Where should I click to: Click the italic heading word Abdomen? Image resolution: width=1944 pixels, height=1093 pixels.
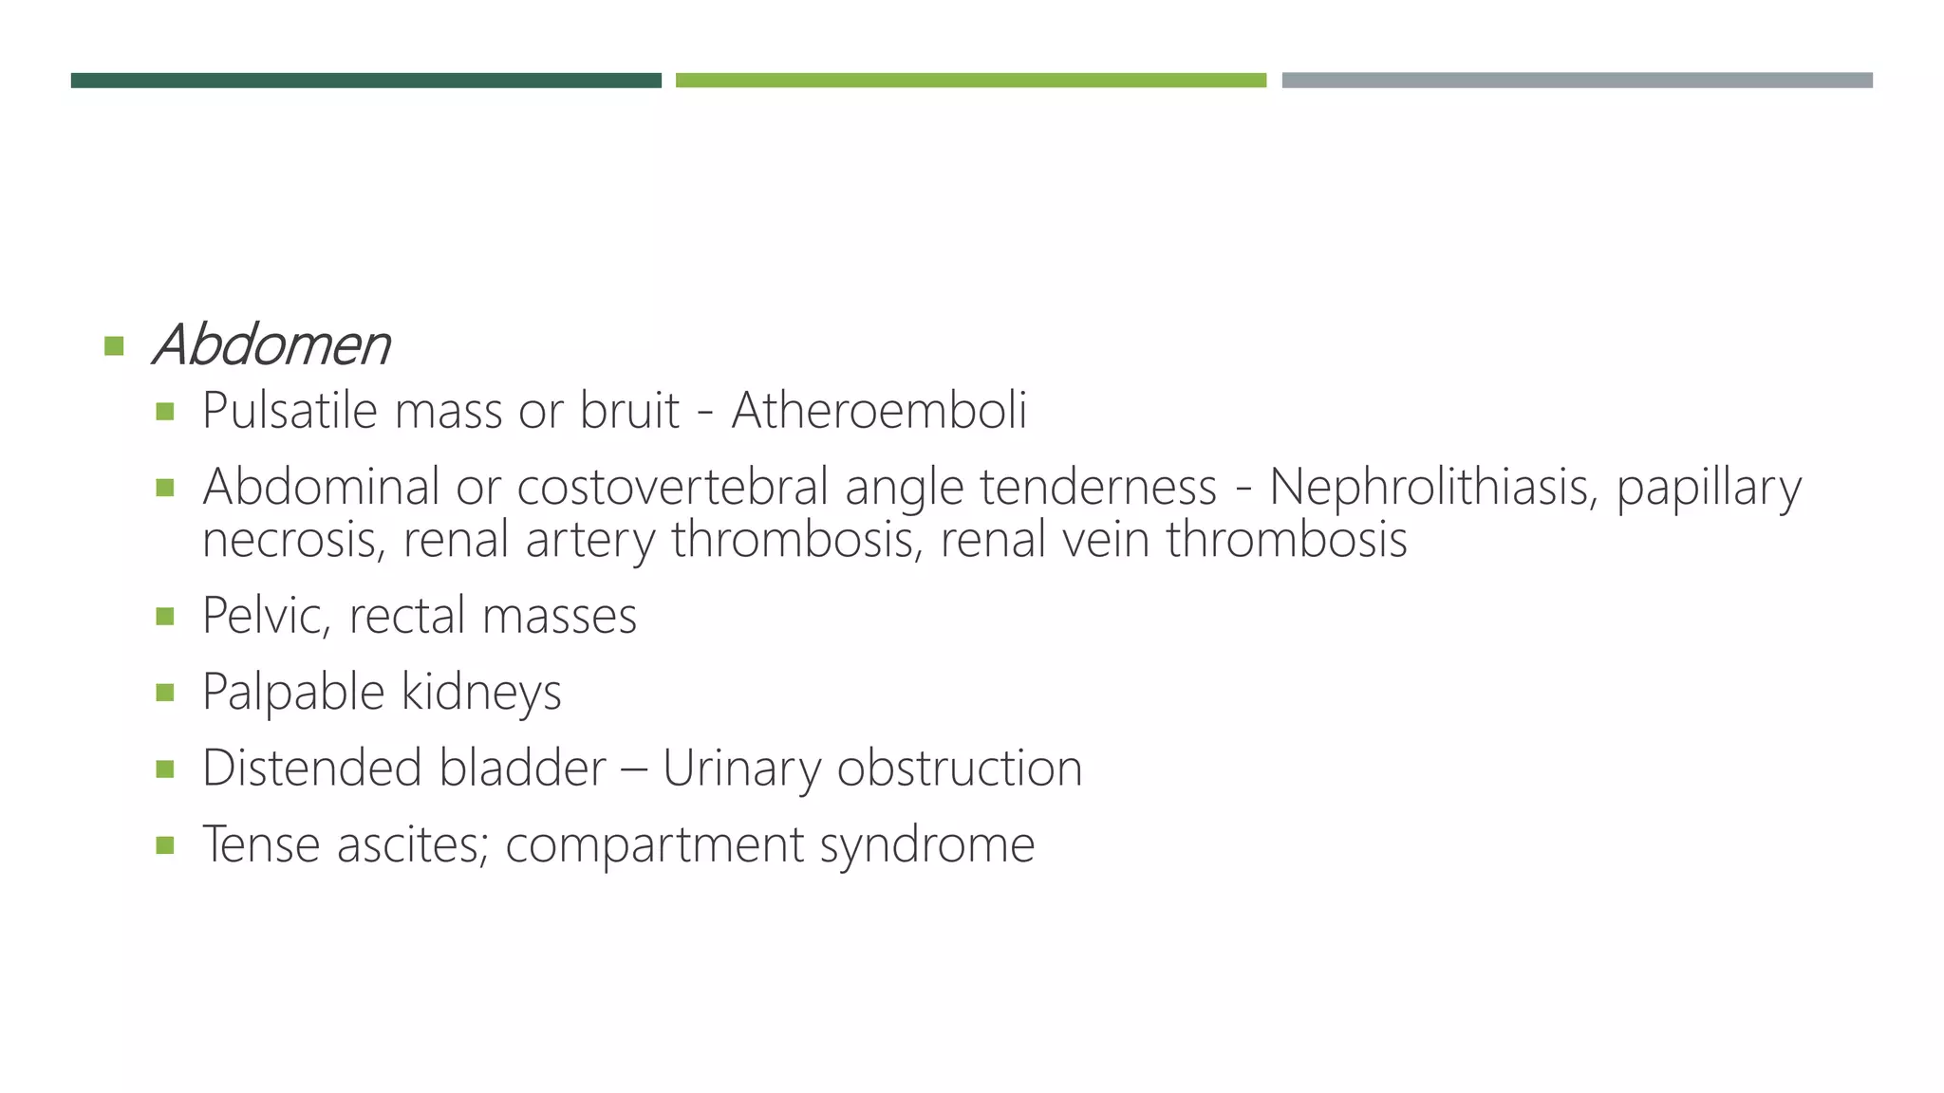[x=271, y=344]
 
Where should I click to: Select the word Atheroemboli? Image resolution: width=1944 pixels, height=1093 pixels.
[x=879, y=411]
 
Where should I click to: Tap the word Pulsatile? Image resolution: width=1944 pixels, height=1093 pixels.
[x=290, y=411]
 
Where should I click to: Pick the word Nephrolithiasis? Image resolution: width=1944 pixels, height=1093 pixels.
[x=1433, y=487]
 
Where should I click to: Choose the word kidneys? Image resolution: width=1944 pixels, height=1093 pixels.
[x=481, y=692]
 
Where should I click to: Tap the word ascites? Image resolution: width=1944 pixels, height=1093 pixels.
[x=413, y=843]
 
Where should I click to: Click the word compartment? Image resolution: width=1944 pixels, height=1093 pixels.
[x=654, y=844]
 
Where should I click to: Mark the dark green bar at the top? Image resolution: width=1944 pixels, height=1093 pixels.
[x=365, y=81]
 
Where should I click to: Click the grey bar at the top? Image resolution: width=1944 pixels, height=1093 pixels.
[x=1577, y=81]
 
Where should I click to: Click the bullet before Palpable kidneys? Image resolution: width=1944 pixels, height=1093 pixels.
[x=165, y=693]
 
